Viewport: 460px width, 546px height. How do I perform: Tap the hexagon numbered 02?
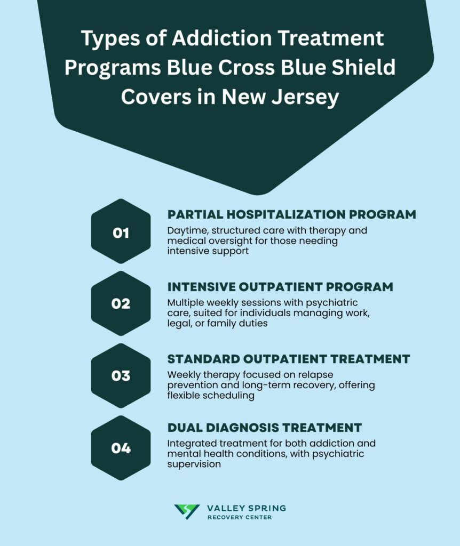pos(121,303)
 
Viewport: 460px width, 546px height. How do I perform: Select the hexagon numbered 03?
pos(121,375)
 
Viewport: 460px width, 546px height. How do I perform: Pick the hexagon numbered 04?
pos(121,448)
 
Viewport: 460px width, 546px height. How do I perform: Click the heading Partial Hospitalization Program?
pos(291,214)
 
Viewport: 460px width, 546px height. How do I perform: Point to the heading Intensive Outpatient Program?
pos(280,287)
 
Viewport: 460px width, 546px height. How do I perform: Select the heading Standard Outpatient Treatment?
pos(288,359)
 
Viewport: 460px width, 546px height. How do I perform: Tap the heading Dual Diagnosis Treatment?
pos(265,428)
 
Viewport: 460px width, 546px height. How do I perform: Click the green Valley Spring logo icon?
pos(187,512)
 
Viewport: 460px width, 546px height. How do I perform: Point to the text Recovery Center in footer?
pos(240,518)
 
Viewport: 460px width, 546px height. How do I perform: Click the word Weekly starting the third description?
pos(182,375)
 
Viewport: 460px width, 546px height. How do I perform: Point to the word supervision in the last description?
pos(193,464)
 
